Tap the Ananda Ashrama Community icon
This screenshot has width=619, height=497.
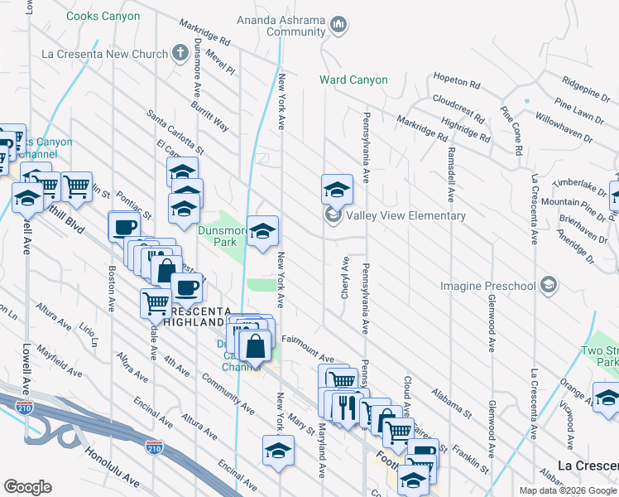(337, 26)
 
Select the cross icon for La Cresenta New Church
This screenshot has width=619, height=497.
(181, 54)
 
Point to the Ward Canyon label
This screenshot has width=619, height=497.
(354, 80)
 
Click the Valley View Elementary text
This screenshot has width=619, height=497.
(405, 216)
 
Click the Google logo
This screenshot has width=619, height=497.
(27, 486)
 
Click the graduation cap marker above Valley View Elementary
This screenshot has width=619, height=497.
(337, 189)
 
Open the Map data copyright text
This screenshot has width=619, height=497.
(567, 490)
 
